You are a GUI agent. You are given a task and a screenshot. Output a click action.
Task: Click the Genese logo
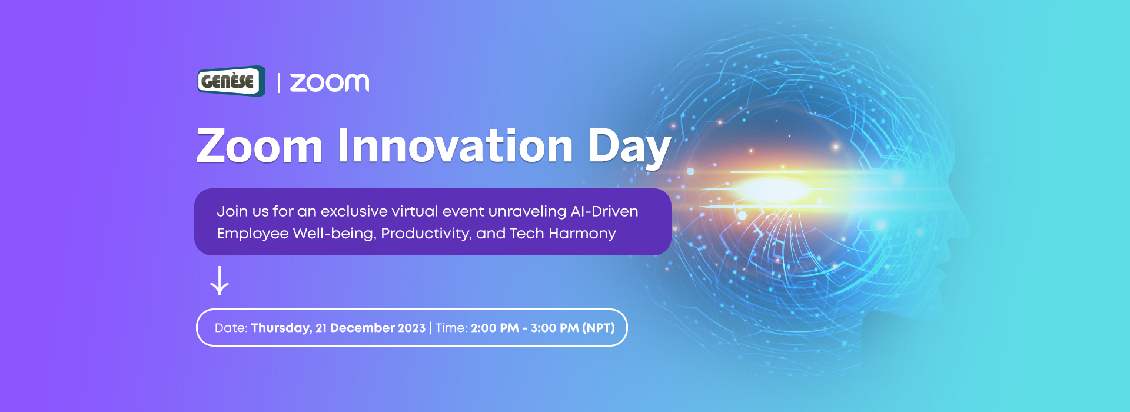pyautogui.click(x=231, y=81)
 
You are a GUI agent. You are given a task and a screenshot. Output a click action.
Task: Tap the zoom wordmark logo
pyautogui.click(x=330, y=83)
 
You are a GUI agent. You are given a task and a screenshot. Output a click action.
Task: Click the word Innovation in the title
pyautogui.click(x=455, y=145)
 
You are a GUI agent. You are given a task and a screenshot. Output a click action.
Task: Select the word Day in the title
pyautogui.click(x=630, y=148)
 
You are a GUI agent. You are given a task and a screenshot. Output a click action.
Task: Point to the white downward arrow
pyautogui.click(x=220, y=280)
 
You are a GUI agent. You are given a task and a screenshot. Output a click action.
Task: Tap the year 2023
pyautogui.click(x=403, y=328)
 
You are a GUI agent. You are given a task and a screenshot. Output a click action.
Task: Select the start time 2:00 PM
pyautogui.click(x=495, y=328)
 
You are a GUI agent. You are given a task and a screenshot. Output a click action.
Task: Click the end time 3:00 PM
pyautogui.click(x=554, y=328)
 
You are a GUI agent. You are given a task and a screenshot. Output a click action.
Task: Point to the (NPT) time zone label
pyautogui.click(x=599, y=328)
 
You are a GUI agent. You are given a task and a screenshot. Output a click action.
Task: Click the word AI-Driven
pyautogui.click(x=604, y=211)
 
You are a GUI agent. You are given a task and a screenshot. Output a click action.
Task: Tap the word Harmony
pyautogui.click(x=582, y=234)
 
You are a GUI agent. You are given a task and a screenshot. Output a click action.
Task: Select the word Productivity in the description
pyautogui.click(x=426, y=234)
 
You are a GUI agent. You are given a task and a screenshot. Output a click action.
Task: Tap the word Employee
pyautogui.click(x=252, y=234)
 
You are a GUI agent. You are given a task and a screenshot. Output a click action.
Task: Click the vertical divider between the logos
pyautogui.click(x=278, y=83)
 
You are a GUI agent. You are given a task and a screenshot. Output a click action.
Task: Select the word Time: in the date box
pyautogui.click(x=451, y=328)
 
